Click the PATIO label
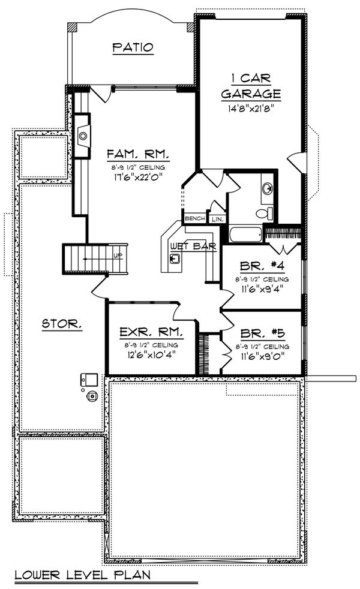[x=133, y=47]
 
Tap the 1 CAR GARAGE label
[x=251, y=86]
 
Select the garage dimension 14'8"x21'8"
[x=251, y=109]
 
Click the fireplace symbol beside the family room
[x=82, y=136]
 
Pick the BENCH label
[x=194, y=219]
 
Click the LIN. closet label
[x=217, y=220]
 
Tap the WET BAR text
[x=193, y=246]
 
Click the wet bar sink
[x=175, y=259]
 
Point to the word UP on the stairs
[x=118, y=256]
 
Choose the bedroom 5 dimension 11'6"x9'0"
[x=262, y=354]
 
